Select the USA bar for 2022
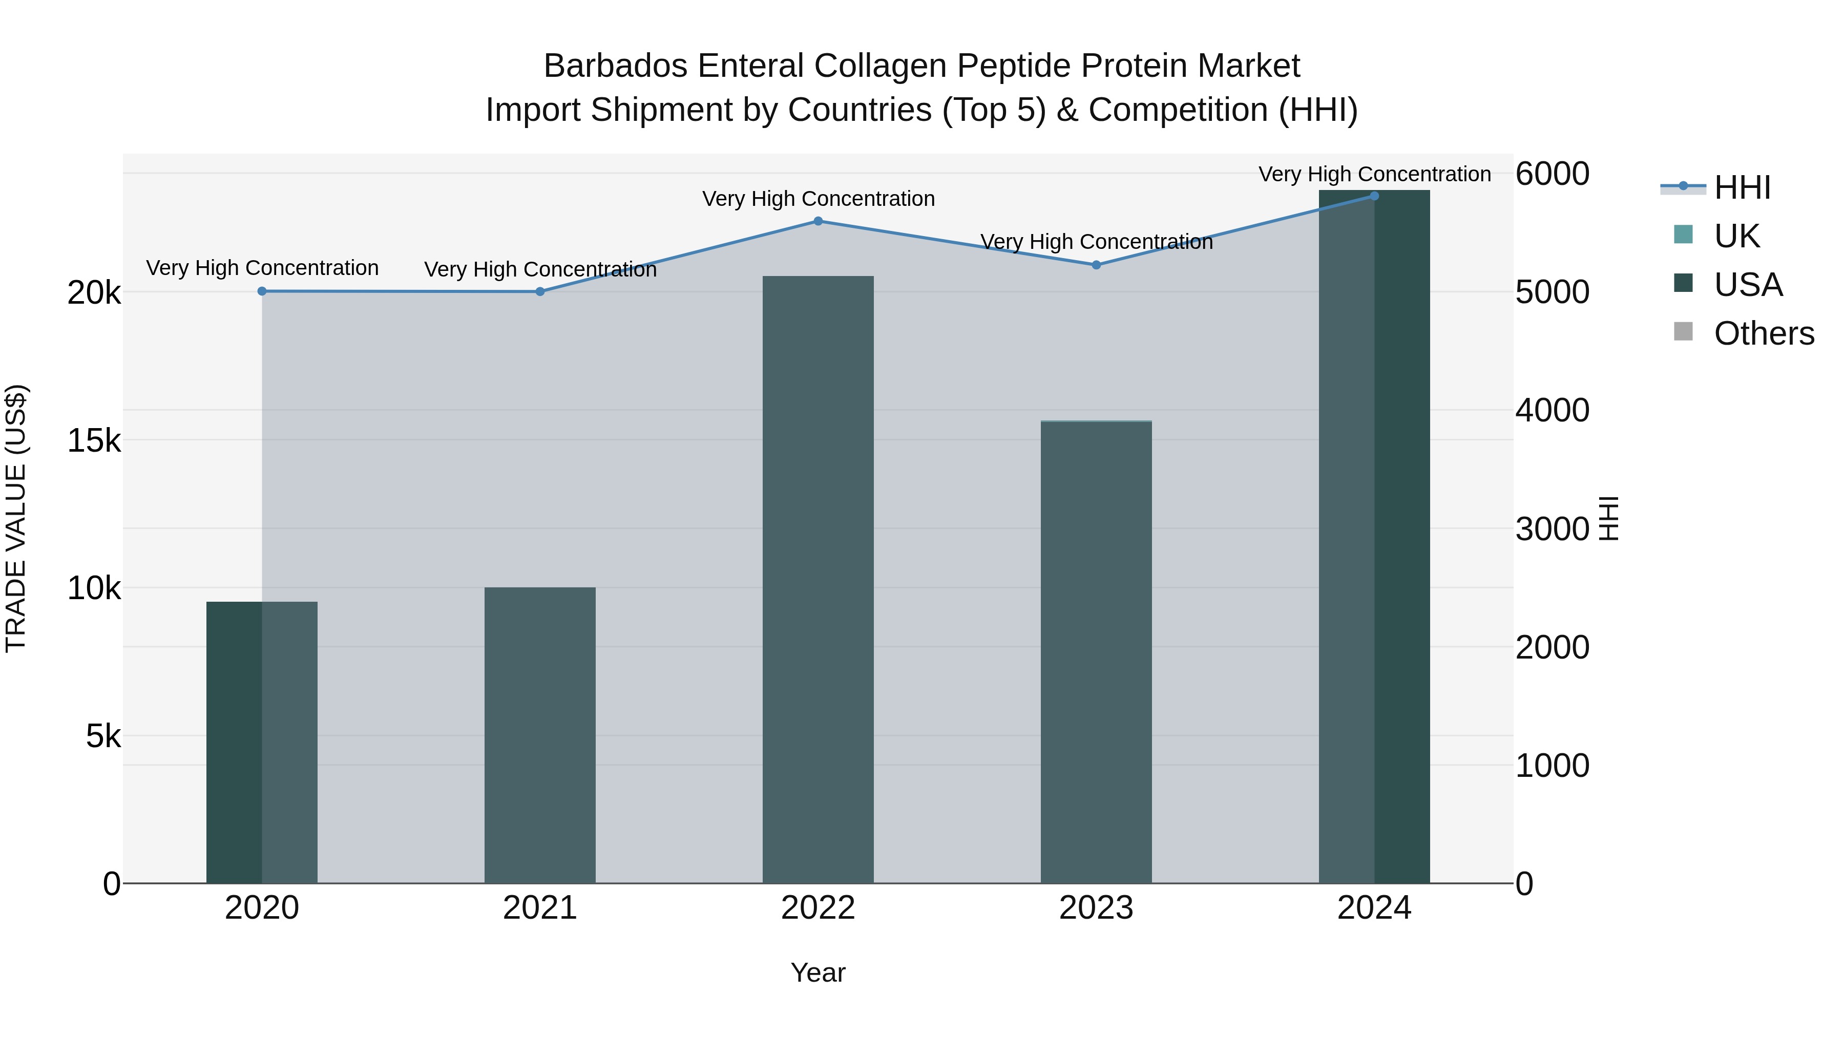coord(818,580)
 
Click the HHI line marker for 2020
coord(262,291)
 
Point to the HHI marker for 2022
coord(818,221)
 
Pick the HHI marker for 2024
coord(1374,196)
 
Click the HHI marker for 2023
coord(1096,265)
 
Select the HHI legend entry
coord(1741,187)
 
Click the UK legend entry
coord(1736,236)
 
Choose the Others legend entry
coord(1763,333)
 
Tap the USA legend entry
coord(1747,285)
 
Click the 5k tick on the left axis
coord(103,736)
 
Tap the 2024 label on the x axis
coord(1374,908)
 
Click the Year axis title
coord(818,972)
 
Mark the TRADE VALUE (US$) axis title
coord(16,518)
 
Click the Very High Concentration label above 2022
coord(818,199)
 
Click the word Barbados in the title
coord(616,66)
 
